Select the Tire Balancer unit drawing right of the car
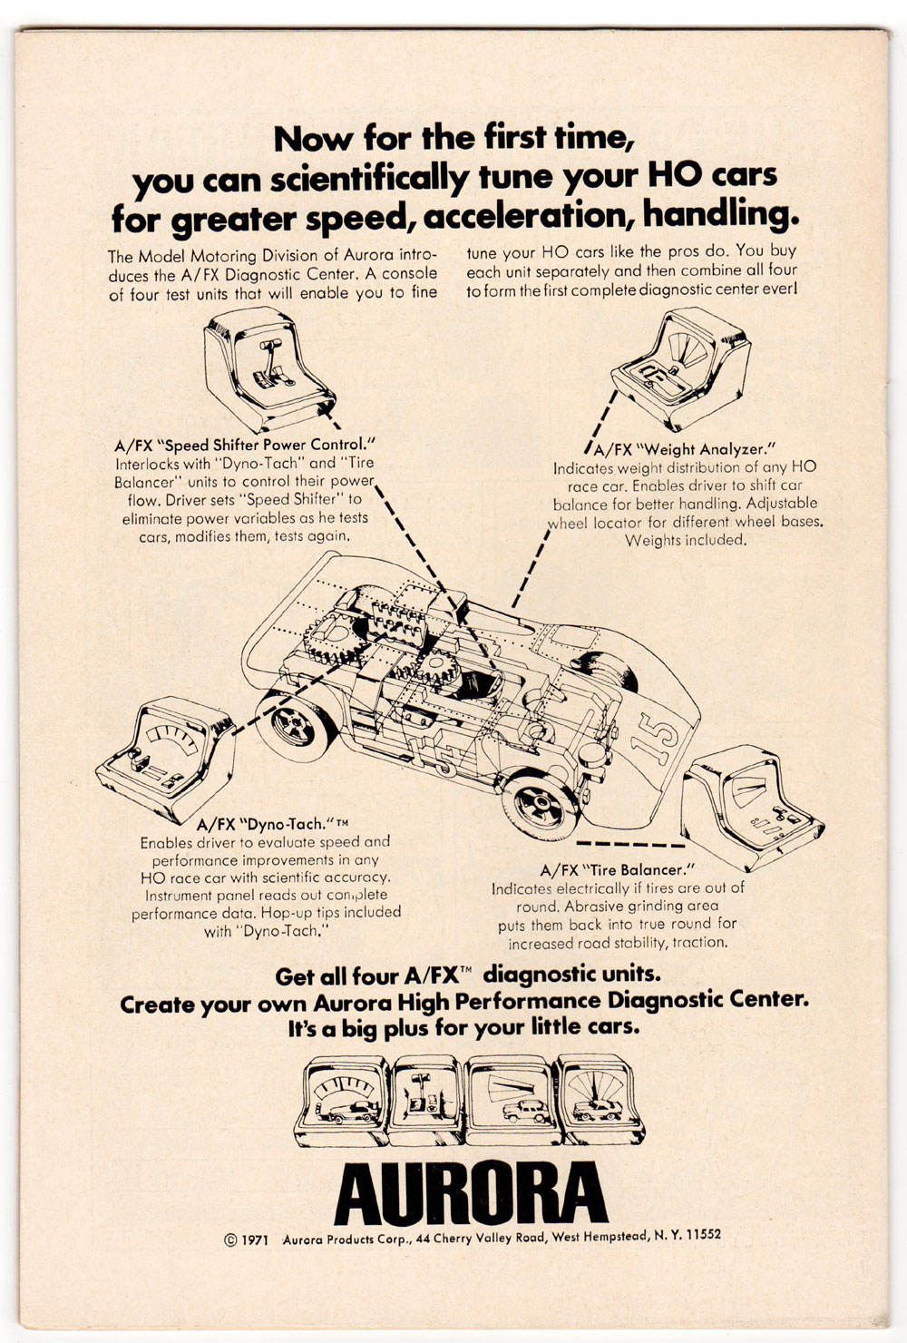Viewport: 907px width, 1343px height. click(x=753, y=807)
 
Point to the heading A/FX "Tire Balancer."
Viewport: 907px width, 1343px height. click(x=617, y=869)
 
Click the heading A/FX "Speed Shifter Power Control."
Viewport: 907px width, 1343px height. click(x=244, y=445)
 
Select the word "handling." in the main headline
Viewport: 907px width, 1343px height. click(x=721, y=215)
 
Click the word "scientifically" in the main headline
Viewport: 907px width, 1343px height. click(x=369, y=180)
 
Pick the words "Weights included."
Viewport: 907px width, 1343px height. click(x=686, y=540)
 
